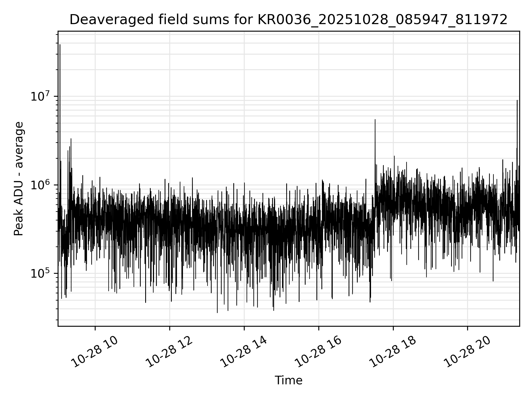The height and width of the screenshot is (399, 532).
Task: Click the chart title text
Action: pos(288,20)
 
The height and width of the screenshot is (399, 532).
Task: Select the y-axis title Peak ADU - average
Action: pos(19,179)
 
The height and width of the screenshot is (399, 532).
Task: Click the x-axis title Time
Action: pos(288,380)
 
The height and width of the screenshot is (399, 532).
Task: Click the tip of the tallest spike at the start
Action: pos(60,45)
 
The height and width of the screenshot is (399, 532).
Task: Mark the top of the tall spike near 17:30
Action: pos(375,120)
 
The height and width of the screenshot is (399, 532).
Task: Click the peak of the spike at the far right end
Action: pos(517,101)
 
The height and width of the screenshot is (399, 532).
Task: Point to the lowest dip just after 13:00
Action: pos(217,313)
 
